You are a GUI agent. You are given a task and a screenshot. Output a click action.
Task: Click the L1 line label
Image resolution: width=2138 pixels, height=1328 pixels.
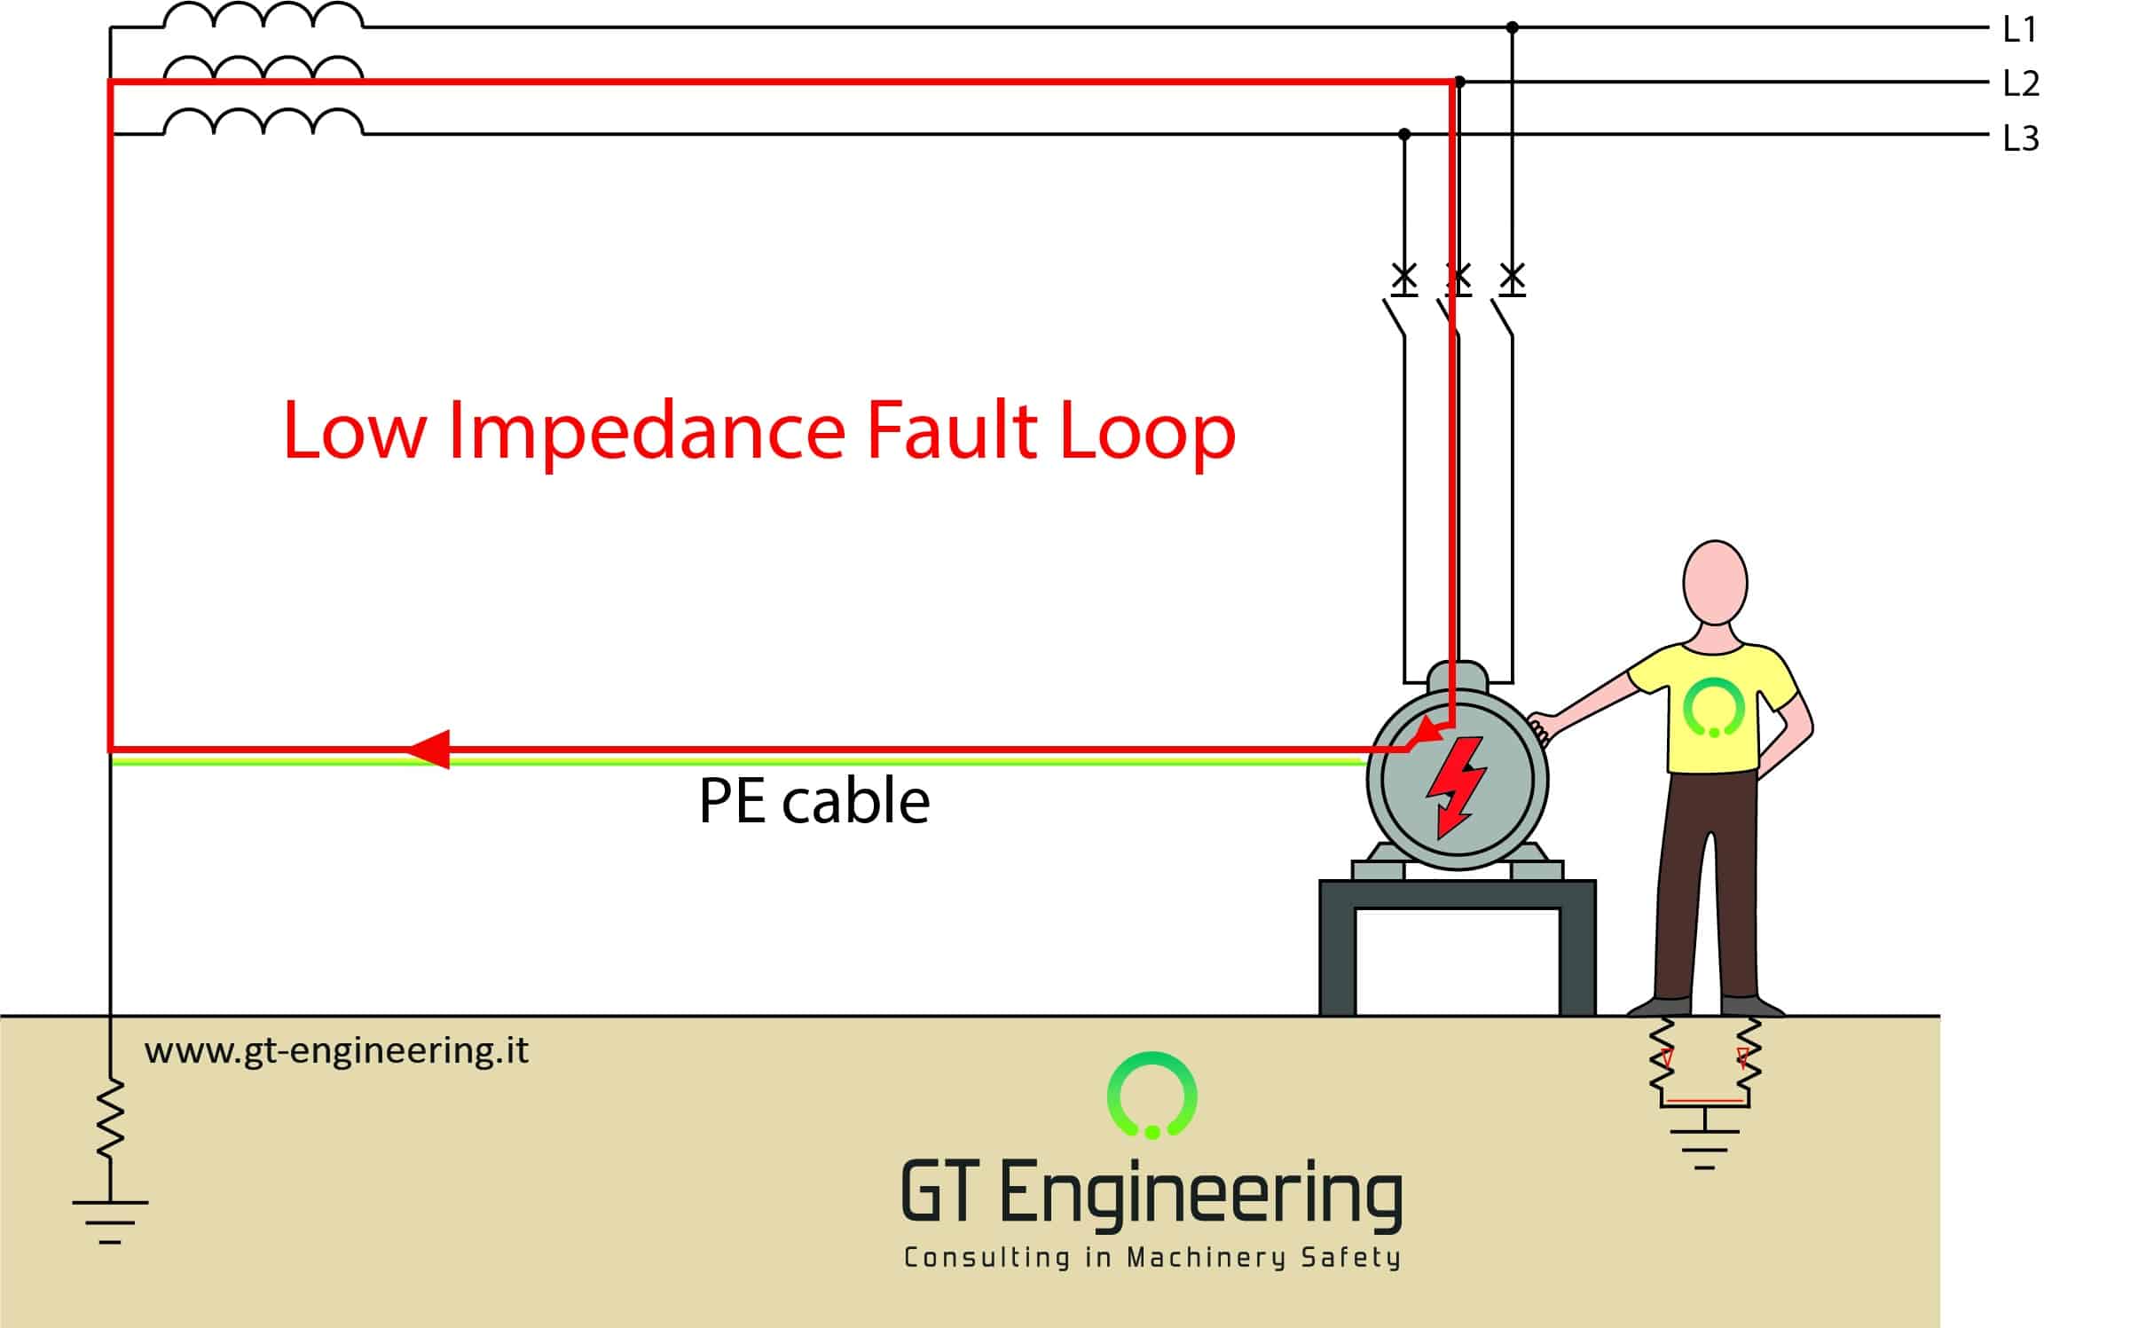pyautogui.click(x=2020, y=30)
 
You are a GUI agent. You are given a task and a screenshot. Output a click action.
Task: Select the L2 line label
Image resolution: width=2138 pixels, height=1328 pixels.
pyautogui.click(x=2022, y=84)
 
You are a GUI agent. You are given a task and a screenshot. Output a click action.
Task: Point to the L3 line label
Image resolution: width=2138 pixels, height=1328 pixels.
pyautogui.click(x=2022, y=138)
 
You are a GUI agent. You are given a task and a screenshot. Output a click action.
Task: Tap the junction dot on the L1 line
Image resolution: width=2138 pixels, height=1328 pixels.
pyautogui.click(x=1513, y=28)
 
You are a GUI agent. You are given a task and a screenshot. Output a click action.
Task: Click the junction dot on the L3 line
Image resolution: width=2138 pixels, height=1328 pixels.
pyautogui.click(x=1404, y=135)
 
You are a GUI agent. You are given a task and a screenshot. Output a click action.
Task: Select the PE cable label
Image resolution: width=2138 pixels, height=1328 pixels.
pyautogui.click(x=814, y=801)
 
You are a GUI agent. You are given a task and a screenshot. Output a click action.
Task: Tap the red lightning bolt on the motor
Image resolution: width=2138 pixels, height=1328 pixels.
pyautogui.click(x=1455, y=786)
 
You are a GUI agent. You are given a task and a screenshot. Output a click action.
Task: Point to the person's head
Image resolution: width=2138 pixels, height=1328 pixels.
pyautogui.click(x=1715, y=583)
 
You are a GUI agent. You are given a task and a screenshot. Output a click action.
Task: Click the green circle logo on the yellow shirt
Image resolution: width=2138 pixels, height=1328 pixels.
pyautogui.click(x=1714, y=708)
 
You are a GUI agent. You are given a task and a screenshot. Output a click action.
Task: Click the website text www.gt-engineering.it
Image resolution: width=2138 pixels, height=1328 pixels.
pyautogui.click(x=336, y=1050)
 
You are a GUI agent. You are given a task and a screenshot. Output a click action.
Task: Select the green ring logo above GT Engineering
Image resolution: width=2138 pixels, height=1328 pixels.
pyautogui.click(x=1152, y=1095)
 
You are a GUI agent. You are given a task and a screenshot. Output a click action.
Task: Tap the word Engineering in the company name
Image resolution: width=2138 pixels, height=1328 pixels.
pyautogui.click(x=1200, y=1195)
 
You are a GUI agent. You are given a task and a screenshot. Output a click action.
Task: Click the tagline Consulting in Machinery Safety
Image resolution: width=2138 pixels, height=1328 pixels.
pyautogui.click(x=1152, y=1258)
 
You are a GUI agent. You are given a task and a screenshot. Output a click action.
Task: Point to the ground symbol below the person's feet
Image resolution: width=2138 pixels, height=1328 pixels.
pyautogui.click(x=1704, y=1149)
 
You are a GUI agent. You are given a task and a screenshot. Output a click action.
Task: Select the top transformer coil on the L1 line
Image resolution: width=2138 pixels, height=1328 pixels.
pyautogui.click(x=263, y=17)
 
